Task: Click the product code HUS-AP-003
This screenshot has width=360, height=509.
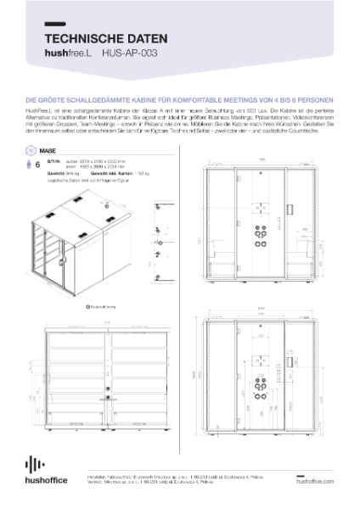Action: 128,53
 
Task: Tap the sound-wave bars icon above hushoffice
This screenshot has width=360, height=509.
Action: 34,464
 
